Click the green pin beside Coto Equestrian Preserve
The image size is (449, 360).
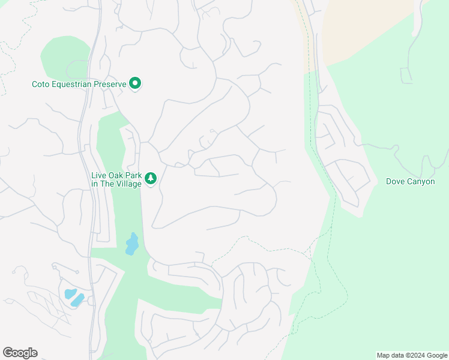coord(135,83)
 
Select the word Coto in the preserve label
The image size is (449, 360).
coord(40,85)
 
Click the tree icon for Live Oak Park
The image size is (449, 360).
coord(150,178)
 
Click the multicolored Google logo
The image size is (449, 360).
coord(20,353)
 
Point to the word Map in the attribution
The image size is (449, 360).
coord(384,355)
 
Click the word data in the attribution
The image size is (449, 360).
coord(398,355)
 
